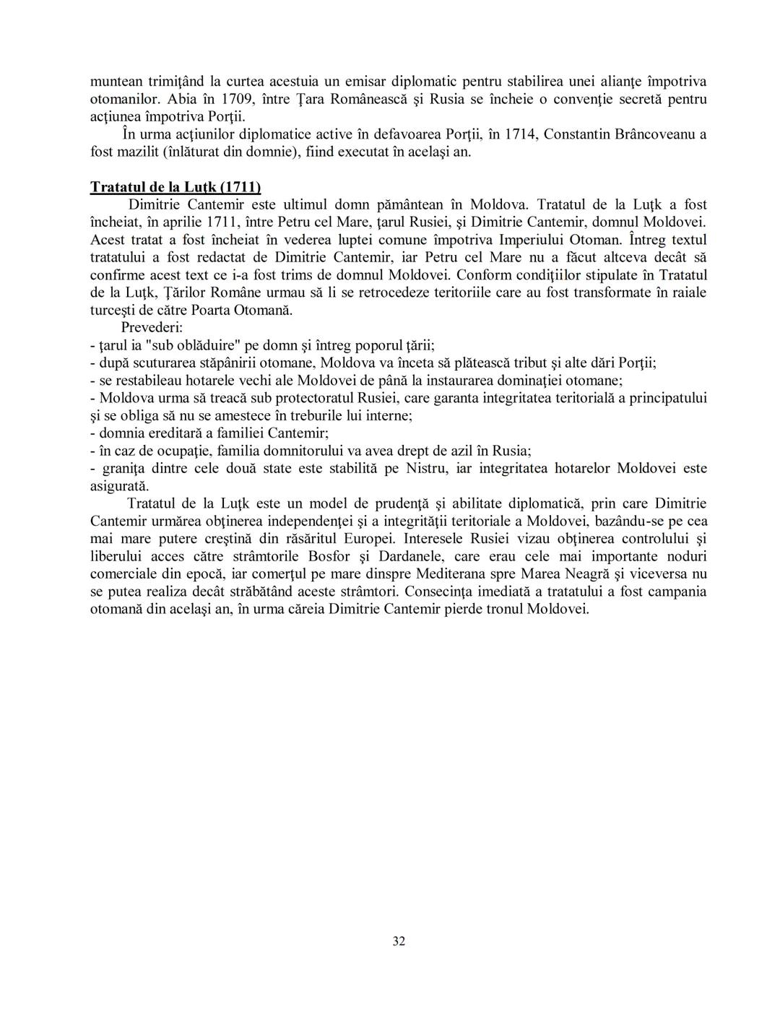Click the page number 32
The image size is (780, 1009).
point(399,941)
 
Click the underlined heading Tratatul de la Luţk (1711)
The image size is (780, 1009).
point(175,187)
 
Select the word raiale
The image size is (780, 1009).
point(688,293)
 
